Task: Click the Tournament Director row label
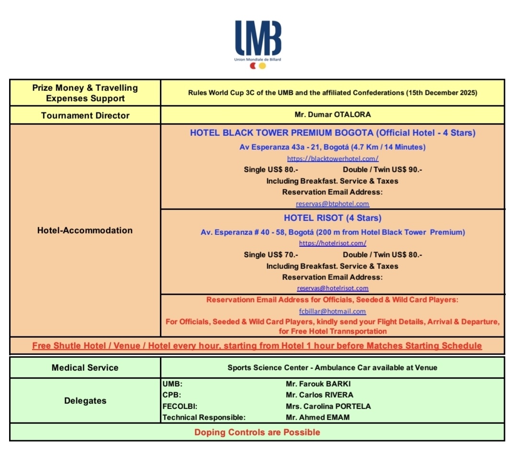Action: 85,115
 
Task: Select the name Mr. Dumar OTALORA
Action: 332,115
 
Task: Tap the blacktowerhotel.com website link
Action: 333,158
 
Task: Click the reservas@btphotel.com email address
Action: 333,204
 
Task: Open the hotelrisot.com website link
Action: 333,243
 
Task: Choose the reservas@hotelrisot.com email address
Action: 333,288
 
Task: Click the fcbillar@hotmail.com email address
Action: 333,311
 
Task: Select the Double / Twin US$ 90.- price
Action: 382,170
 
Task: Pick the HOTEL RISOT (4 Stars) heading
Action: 333,218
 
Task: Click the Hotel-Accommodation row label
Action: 85,231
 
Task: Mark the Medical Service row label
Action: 85,368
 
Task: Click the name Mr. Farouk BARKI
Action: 315,384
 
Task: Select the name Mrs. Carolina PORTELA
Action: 328,407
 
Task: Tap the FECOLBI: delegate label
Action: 180,407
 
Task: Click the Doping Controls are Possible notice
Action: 257,432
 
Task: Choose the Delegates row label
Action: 85,401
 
